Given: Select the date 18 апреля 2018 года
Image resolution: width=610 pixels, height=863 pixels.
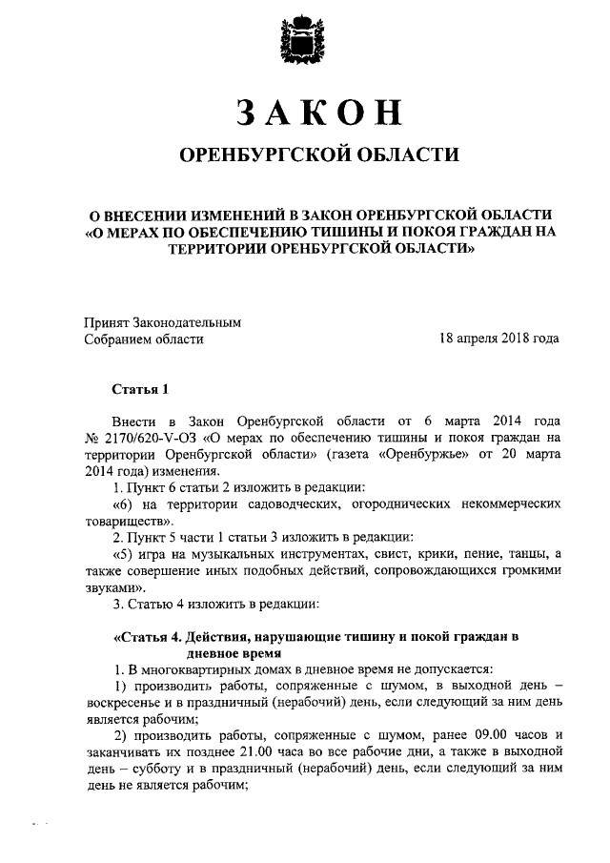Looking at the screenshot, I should click(x=498, y=339).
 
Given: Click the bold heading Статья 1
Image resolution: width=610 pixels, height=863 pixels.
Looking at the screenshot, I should click(x=140, y=389).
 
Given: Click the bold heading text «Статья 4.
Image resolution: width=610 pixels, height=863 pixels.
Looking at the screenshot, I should click(x=149, y=637).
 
